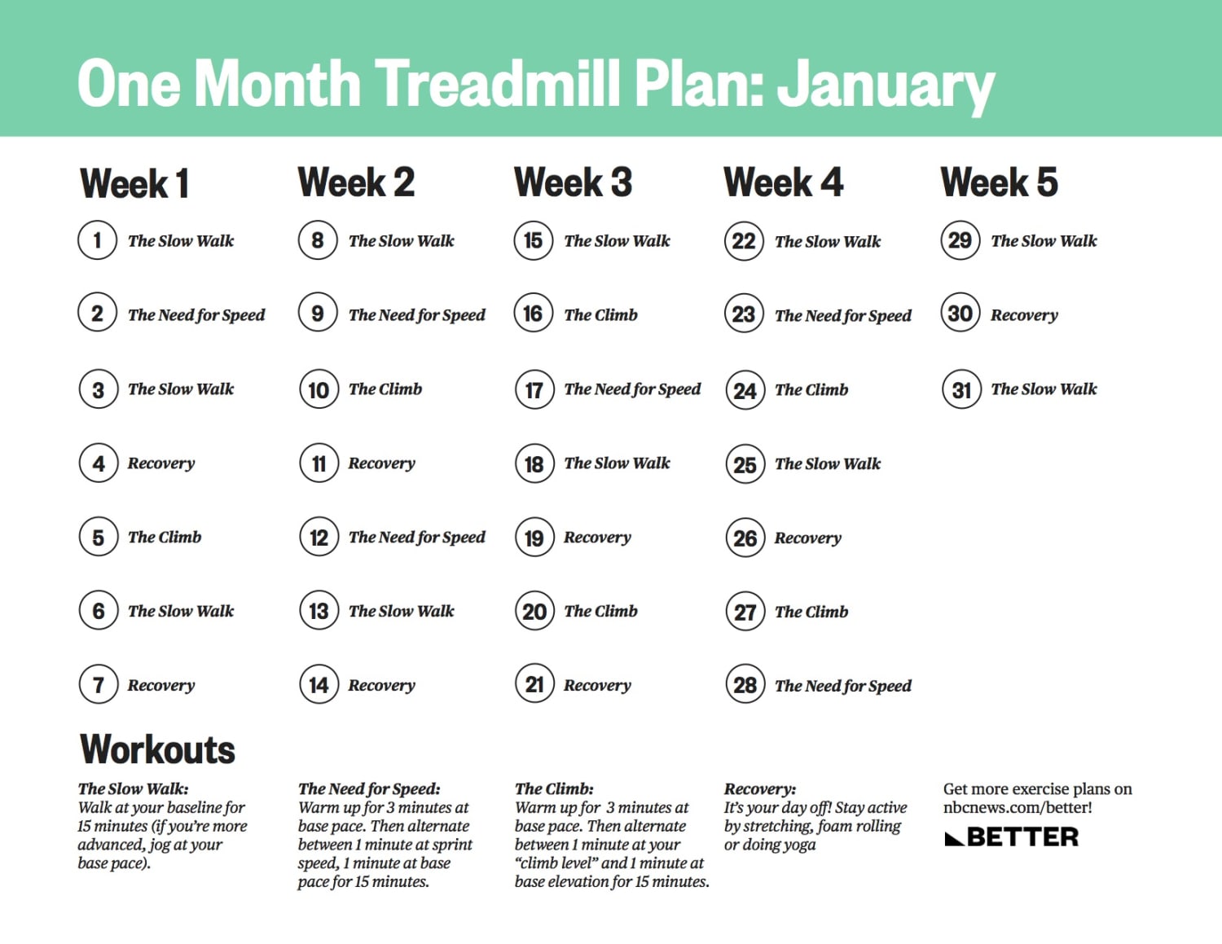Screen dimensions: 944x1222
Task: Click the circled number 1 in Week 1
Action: pos(98,240)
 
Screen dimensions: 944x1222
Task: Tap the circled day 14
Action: pos(319,685)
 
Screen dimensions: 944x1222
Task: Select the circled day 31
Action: pos(961,389)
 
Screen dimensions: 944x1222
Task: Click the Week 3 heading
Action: pos(573,182)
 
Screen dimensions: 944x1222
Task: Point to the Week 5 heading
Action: pos(999,182)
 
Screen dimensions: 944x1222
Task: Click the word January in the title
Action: pos(886,85)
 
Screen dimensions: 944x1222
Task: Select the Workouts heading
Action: pos(157,749)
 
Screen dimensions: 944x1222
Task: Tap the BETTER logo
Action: pos(1012,837)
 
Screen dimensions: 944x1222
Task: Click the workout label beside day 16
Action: pos(600,315)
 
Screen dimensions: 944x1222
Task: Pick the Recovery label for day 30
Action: pos(1024,315)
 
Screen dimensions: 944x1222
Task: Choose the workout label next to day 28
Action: pos(842,686)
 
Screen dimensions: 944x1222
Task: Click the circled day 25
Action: pos(745,464)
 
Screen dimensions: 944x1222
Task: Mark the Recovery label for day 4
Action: pos(161,463)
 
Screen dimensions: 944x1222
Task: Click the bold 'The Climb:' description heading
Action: pos(554,788)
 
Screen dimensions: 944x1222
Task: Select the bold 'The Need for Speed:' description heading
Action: pos(369,788)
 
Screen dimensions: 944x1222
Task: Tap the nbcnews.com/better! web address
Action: pos(1018,807)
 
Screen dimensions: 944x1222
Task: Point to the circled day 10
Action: pos(319,389)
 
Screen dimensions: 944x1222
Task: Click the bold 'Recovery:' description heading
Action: pos(759,788)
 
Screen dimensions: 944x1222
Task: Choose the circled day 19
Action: pos(534,538)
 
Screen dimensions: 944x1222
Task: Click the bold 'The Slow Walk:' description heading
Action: pos(133,788)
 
